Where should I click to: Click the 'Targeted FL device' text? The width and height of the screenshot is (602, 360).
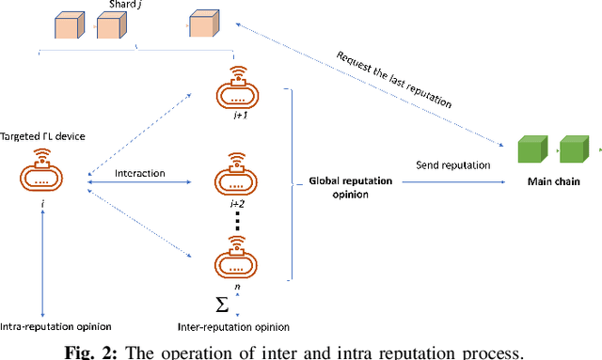point(42,137)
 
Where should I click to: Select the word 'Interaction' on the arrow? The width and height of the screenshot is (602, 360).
point(140,173)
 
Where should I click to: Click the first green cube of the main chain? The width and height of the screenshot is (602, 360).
point(531,149)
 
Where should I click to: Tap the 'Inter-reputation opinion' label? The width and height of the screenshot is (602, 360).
point(232,326)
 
